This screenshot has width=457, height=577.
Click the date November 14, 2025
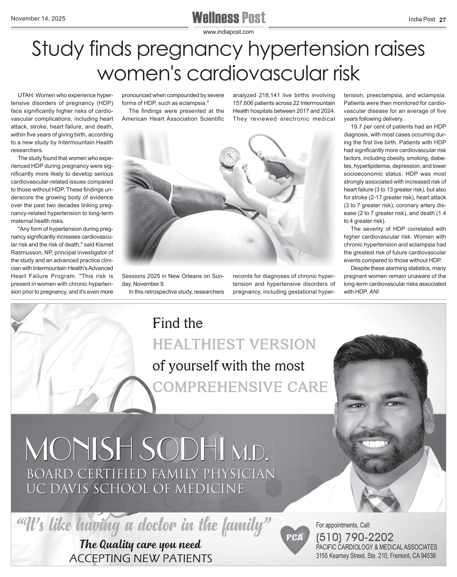(x=38, y=19)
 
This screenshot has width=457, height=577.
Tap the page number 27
(x=442, y=20)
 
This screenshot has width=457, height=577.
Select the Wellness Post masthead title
(x=229, y=18)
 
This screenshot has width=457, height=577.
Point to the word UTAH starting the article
(x=26, y=95)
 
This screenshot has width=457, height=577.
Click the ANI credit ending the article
(x=374, y=292)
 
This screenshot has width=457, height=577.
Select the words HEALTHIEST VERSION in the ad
(x=234, y=344)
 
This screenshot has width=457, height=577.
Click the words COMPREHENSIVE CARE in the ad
(x=240, y=387)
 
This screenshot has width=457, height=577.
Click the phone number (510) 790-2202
(x=355, y=537)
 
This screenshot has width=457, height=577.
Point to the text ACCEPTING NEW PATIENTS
(x=141, y=558)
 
